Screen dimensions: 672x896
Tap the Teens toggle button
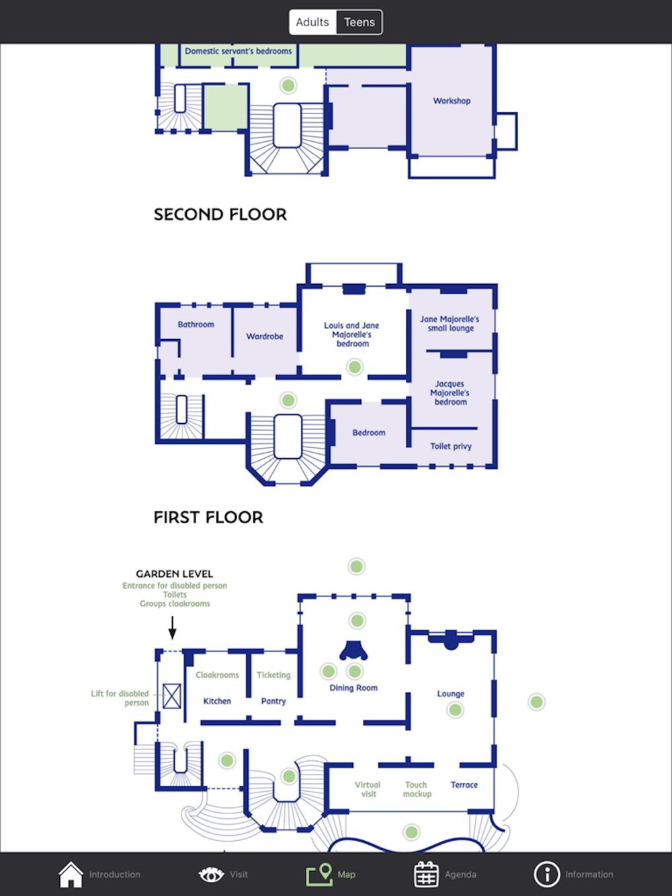360,22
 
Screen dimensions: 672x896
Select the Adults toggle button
312,22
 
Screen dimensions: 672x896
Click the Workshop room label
452,101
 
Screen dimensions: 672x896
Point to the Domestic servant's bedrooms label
239,51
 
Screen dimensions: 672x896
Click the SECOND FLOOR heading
220,215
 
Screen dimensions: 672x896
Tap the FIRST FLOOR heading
208,518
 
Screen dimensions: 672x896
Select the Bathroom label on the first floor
196,324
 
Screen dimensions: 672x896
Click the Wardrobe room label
265,337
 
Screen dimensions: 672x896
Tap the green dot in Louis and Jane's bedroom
354,367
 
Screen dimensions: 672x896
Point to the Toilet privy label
451,446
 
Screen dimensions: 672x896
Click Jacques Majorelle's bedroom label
450,393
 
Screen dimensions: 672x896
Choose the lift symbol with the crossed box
172,696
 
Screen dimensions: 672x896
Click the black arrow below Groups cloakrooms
172,628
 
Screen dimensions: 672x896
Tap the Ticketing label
274,675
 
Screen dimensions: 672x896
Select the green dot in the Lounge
455,710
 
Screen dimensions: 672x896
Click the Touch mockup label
417,789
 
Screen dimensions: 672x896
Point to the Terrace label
464,785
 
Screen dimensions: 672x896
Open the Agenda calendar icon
426,875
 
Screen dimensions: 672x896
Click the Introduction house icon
71,875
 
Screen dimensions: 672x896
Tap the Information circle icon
546,875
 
